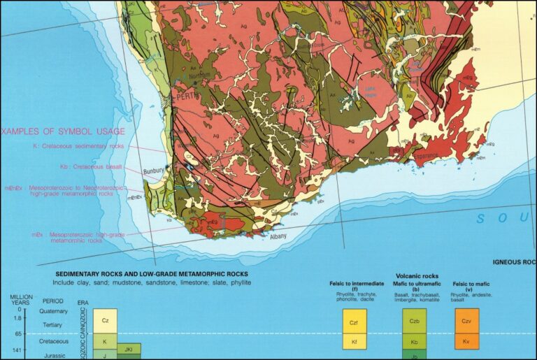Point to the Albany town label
278,236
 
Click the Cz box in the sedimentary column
105,321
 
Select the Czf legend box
354,322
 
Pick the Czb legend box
415,322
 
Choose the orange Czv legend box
466,322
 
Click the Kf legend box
354,342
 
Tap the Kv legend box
466,342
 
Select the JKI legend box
129,348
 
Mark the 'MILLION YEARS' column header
21,301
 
